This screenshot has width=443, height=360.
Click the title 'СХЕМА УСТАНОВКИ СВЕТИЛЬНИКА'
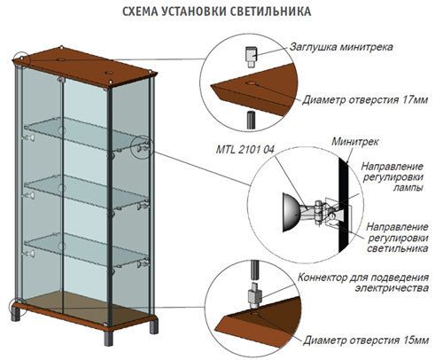point(216,12)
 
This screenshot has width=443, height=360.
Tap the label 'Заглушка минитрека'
point(341,47)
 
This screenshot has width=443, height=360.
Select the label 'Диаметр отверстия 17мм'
point(365,100)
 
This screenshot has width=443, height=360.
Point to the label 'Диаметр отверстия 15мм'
point(366,340)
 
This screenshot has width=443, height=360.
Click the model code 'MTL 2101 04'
point(245,150)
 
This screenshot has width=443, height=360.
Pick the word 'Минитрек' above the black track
point(354,142)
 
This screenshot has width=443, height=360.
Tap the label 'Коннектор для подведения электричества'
point(363,283)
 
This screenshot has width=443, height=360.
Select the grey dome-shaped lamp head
point(291,213)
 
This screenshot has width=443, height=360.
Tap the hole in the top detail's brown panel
point(252,83)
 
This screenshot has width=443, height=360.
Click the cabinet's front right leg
point(108,338)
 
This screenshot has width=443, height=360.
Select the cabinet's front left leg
point(16,315)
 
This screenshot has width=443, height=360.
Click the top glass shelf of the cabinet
point(86,134)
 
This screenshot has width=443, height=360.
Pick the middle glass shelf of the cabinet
point(86,192)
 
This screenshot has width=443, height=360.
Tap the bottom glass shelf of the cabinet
point(86,250)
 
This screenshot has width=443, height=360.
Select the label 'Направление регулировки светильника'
point(398,238)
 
